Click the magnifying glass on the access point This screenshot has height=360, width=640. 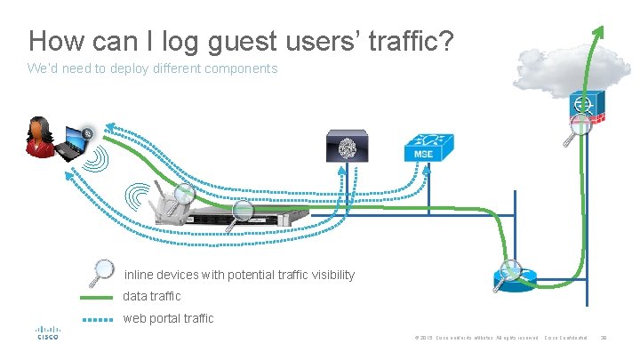(185, 193)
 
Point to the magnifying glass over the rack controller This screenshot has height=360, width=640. (242, 212)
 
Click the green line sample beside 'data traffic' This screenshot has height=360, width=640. (97, 297)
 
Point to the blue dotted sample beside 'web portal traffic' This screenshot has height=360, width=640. (97, 318)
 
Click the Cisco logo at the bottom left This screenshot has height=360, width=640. (47, 333)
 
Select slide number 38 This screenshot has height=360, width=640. (604, 337)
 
